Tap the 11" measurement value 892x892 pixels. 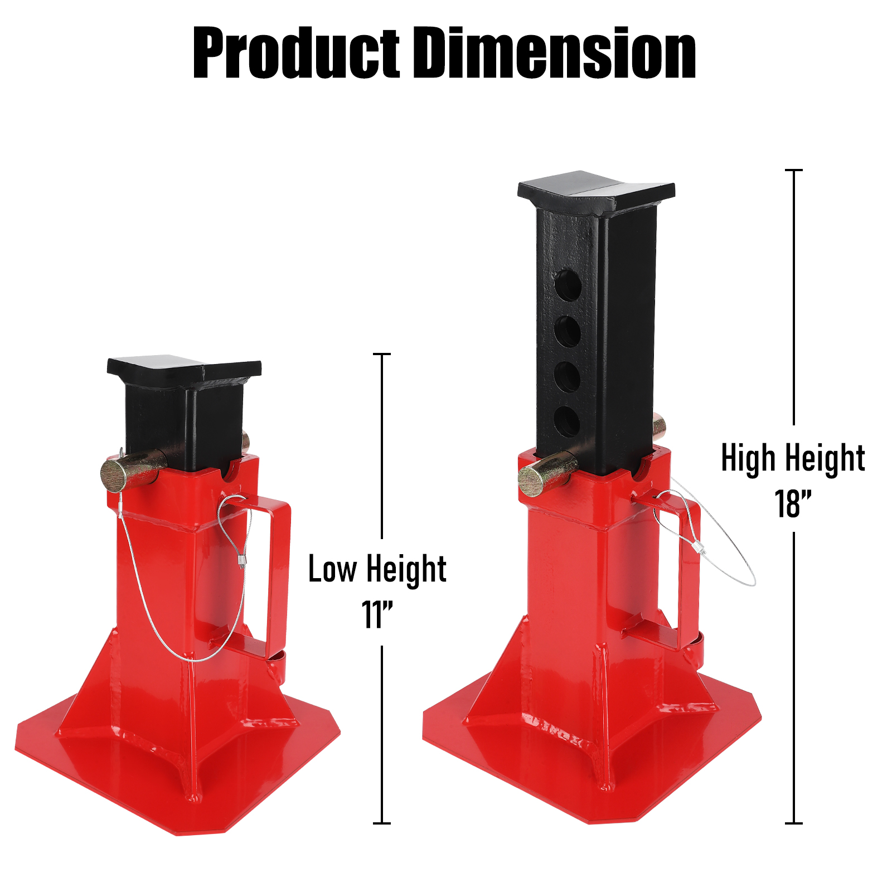coord(377,615)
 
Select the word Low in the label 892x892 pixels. coord(332,569)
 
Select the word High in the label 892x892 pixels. coord(748,458)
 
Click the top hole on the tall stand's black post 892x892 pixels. coord(568,285)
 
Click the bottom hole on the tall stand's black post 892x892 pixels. coord(567,421)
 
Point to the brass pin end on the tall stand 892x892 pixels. coord(531,481)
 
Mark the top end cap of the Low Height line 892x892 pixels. coord(382,354)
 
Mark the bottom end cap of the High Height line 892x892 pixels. coord(793,823)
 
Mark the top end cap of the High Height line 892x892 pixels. coord(793,170)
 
